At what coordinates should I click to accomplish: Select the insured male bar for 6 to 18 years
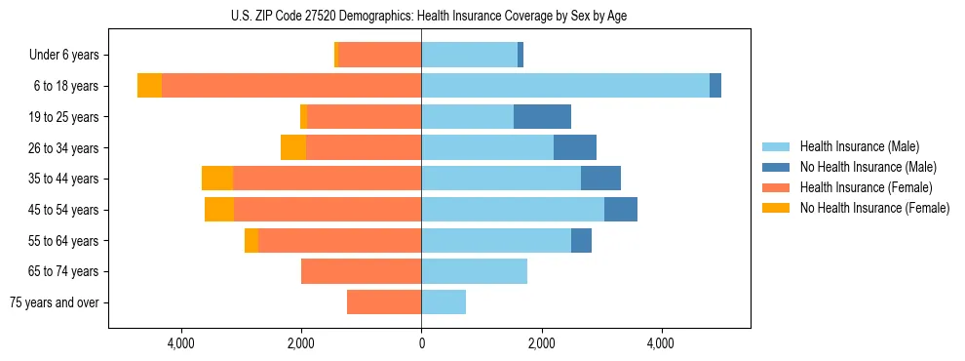[x=565, y=86]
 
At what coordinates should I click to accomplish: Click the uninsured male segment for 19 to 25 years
[x=542, y=117]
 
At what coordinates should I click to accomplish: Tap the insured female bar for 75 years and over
[x=384, y=302]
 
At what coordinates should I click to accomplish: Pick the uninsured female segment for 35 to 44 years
[x=217, y=179]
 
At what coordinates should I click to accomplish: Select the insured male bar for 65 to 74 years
[x=474, y=271]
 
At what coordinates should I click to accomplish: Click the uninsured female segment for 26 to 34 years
[x=293, y=147]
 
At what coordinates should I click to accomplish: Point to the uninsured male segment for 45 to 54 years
[x=621, y=210]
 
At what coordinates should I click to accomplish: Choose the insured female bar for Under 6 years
[x=380, y=55]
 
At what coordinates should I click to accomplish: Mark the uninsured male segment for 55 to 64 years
[x=581, y=240]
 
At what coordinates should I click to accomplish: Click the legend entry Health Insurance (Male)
[x=859, y=146]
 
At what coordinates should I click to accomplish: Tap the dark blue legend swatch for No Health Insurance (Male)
[x=776, y=167]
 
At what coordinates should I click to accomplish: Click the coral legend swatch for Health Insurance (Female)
[x=776, y=187]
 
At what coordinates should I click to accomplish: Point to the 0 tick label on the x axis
[x=421, y=343]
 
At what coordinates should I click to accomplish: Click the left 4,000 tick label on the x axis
[x=181, y=343]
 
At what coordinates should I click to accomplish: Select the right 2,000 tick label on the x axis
[x=541, y=343]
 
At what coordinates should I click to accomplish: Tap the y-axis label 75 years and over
[x=54, y=302]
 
